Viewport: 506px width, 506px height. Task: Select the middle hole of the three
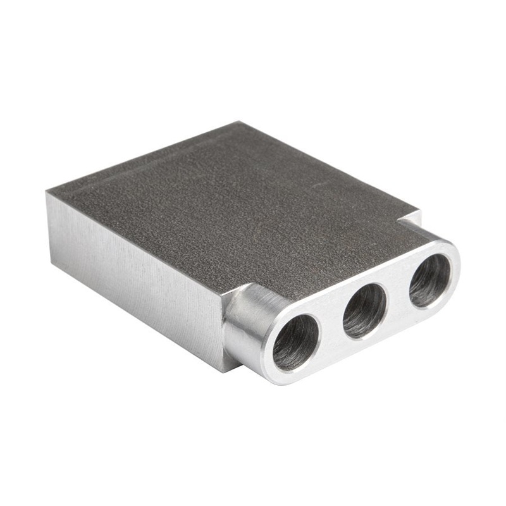tap(365, 310)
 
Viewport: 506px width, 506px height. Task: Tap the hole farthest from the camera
tap(429, 281)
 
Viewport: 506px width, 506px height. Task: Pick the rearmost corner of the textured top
tap(239, 123)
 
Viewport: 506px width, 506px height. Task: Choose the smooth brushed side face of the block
tap(133, 278)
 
